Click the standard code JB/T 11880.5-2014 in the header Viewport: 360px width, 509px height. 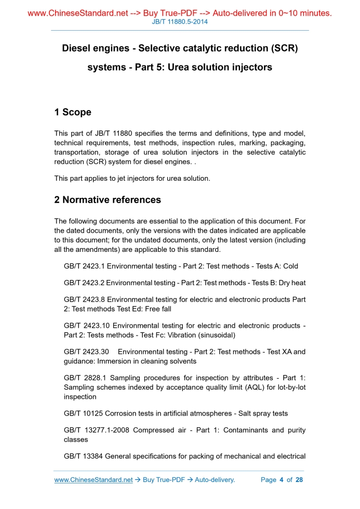pyautogui.click(x=180, y=22)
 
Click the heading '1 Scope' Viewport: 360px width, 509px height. pyautogui.click(x=73, y=112)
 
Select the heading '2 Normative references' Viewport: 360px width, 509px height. pyautogui.click(x=108, y=199)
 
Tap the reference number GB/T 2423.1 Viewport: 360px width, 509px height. pyautogui.click(x=84, y=266)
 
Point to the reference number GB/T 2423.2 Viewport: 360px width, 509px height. pyautogui.click(x=84, y=283)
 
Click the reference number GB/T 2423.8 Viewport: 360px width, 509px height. pyautogui.click(x=84, y=300)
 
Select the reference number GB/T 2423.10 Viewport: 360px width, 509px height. pyautogui.click(x=86, y=326)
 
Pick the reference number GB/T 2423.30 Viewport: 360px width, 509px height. pyautogui.click(x=86, y=352)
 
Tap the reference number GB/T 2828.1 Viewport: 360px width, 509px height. pyautogui.click(x=84, y=378)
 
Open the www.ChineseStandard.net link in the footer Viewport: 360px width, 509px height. pyautogui.click(x=94, y=480)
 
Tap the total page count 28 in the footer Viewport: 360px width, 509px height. pyautogui.click(x=299, y=480)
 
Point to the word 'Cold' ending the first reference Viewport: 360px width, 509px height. pyautogui.click(x=290, y=266)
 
